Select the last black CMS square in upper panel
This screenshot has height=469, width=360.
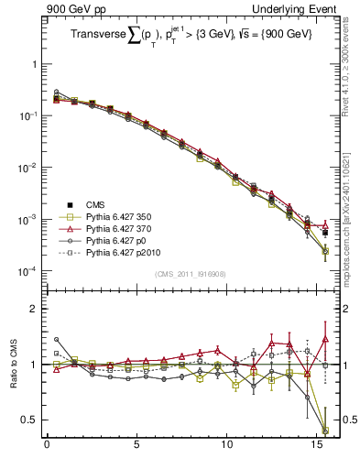pyautogui.click(x=325, y=233)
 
